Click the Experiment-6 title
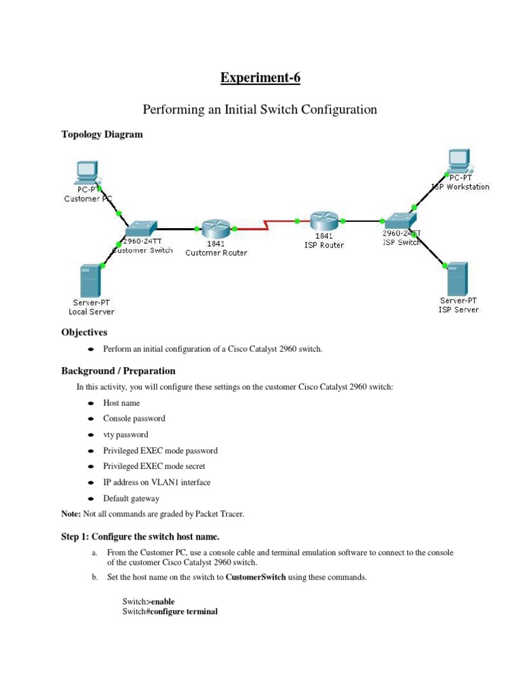(x=260, y=78)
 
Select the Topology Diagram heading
(x=102, y=134)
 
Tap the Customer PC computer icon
(x=86, y=172)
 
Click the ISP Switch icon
(x=400, y=219)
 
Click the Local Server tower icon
(x=90, y=279)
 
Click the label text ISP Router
(x=323, y=245)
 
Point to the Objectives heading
(x=84, y=333)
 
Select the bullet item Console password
(x=134, y=419)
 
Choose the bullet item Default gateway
(x=131, y=498)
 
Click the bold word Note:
(x=71, y=514)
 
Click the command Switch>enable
(x=143, y=601)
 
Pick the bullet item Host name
(x=121, y=403)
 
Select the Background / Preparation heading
(x=118, y=371)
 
